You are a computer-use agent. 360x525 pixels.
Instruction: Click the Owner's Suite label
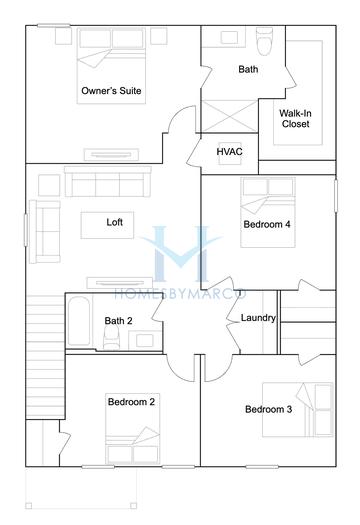(x=110, y=91)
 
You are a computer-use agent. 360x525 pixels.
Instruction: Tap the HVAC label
(x=230, y=151)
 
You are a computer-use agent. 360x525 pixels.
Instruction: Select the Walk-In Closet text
(x=294, y=119)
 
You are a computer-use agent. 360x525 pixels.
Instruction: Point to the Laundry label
(x=258, y=318)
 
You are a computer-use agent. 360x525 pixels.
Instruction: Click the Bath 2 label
(x=118, y=321)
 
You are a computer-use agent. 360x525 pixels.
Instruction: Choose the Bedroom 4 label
(x=267, y=225)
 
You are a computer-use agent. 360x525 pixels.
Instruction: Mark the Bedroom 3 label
(x=268, y=409)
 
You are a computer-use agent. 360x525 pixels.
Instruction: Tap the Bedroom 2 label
(x=131, y=402)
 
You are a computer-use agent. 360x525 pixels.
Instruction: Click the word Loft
(x=115, y=222)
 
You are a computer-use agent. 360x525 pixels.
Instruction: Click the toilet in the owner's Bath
(x=265, y=42)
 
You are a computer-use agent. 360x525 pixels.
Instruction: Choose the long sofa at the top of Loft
(x=108, y=181)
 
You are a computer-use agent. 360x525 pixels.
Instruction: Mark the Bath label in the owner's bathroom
(x=248, y=70)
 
